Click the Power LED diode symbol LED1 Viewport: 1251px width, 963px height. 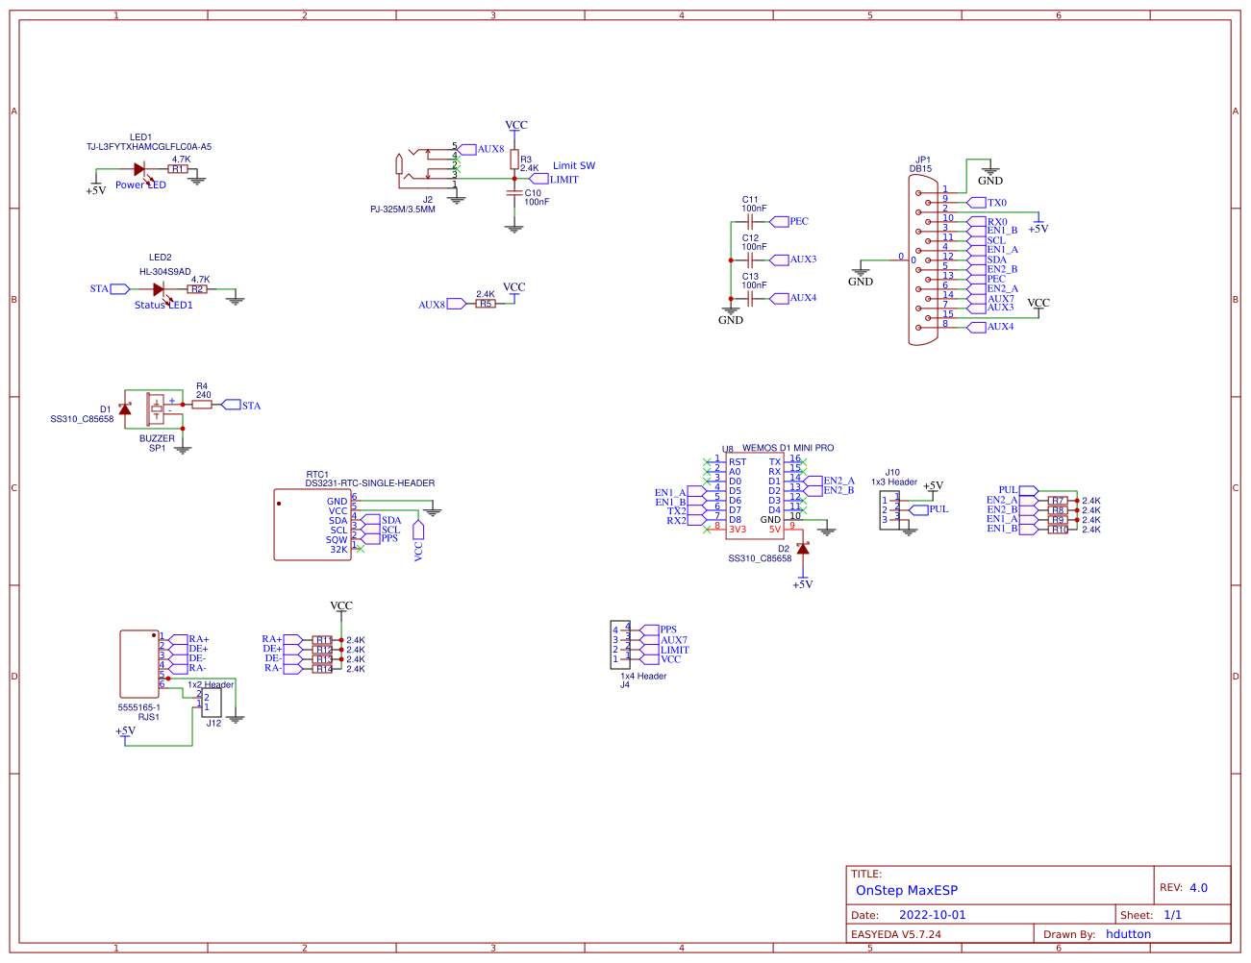(x=139, y=169)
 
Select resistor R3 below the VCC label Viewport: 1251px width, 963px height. (x=514, y=160)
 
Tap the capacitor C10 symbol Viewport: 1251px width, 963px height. (x=514, y=193)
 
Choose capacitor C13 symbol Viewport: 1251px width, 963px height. (x=748, y=299)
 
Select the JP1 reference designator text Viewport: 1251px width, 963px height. (x=922, y=160)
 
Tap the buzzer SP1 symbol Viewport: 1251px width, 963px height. (x=156, y=408)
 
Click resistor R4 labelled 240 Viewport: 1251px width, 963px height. (x=202, y=405)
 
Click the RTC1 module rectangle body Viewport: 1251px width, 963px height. (x=312, y=525)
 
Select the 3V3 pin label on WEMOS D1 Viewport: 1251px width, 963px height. (x=738, y=530)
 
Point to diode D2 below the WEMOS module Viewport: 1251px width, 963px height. (x=803, y=549)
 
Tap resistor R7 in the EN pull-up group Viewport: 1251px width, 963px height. (x=1058, y=501)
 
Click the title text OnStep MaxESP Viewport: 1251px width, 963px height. (x=906, y=890)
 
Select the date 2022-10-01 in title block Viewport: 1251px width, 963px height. (x=932, y=915)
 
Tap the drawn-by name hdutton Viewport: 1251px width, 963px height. (x=1128, y=934)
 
